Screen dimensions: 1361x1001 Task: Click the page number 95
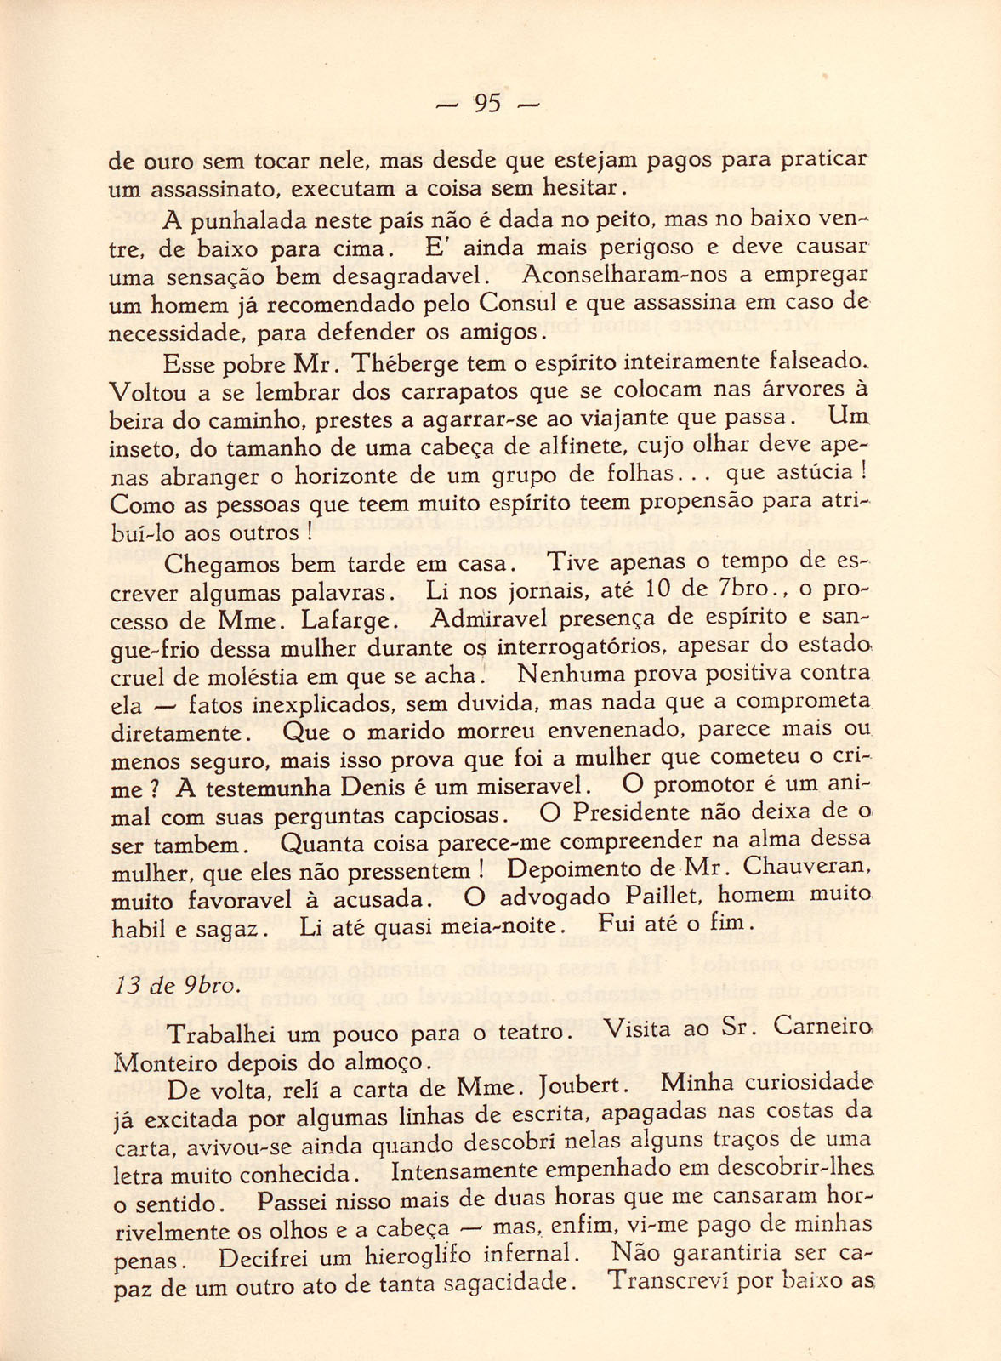(487, 104)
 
